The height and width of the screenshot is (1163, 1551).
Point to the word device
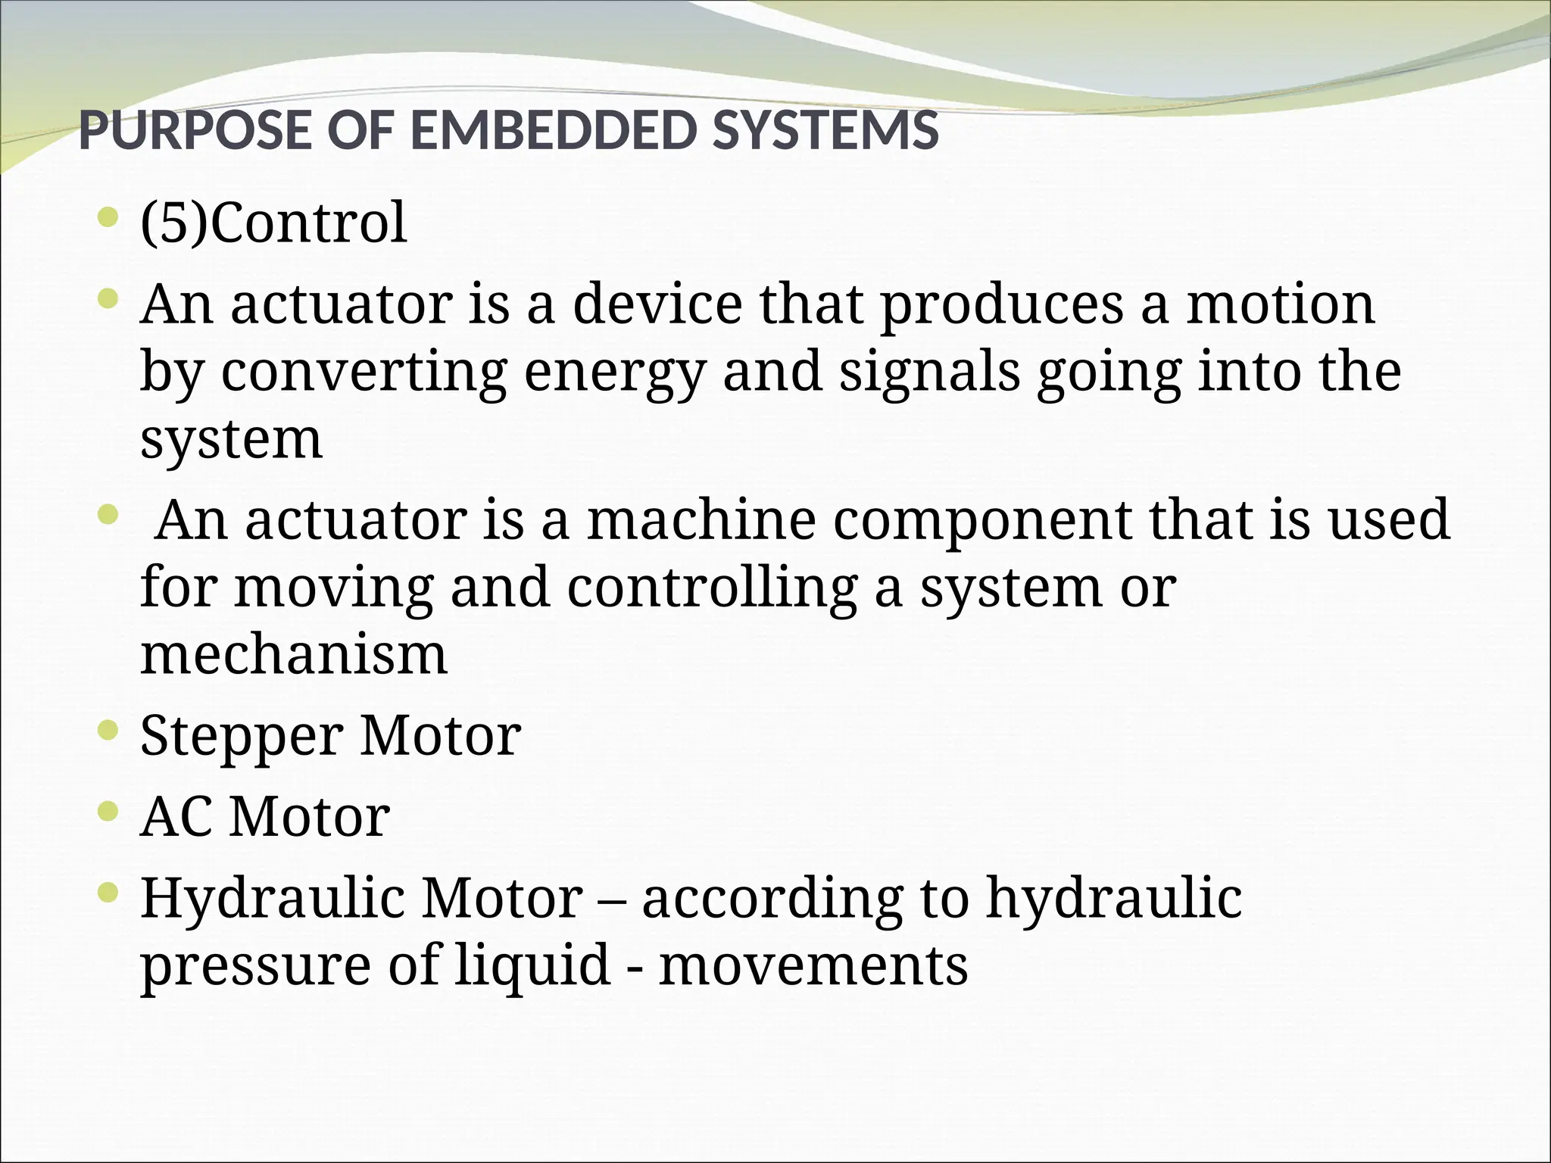(x=657, y=304)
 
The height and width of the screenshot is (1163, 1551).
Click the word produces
(x=1001, y=304)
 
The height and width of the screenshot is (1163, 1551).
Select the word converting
(x=364, y=373)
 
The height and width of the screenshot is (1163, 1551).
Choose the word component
(x=982, y=520)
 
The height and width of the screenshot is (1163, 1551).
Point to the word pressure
(x=256, y=966)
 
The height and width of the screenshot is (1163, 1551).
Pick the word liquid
(x=532, y=966)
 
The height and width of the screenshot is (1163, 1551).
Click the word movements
(x=813, y=966)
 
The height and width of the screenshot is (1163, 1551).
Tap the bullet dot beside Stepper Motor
(x=108, y=732)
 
